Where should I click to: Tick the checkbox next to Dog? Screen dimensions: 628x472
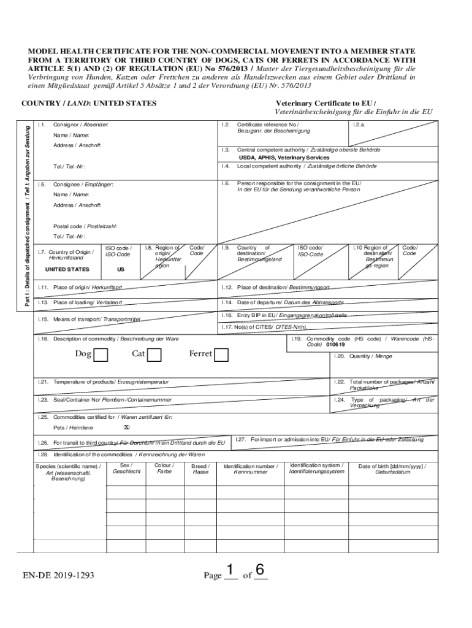101,355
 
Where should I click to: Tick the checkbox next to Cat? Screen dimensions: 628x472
154,355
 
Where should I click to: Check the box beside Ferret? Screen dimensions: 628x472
221,355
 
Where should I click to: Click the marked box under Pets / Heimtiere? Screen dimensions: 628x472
126,428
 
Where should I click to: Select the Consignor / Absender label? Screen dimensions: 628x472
81,124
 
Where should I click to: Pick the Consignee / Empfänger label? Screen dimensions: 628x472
83,184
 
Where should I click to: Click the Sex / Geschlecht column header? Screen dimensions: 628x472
127,469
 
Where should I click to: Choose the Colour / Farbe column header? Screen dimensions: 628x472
164,469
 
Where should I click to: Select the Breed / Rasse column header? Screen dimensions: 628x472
200,469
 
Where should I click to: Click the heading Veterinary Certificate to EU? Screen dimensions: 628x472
325,103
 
